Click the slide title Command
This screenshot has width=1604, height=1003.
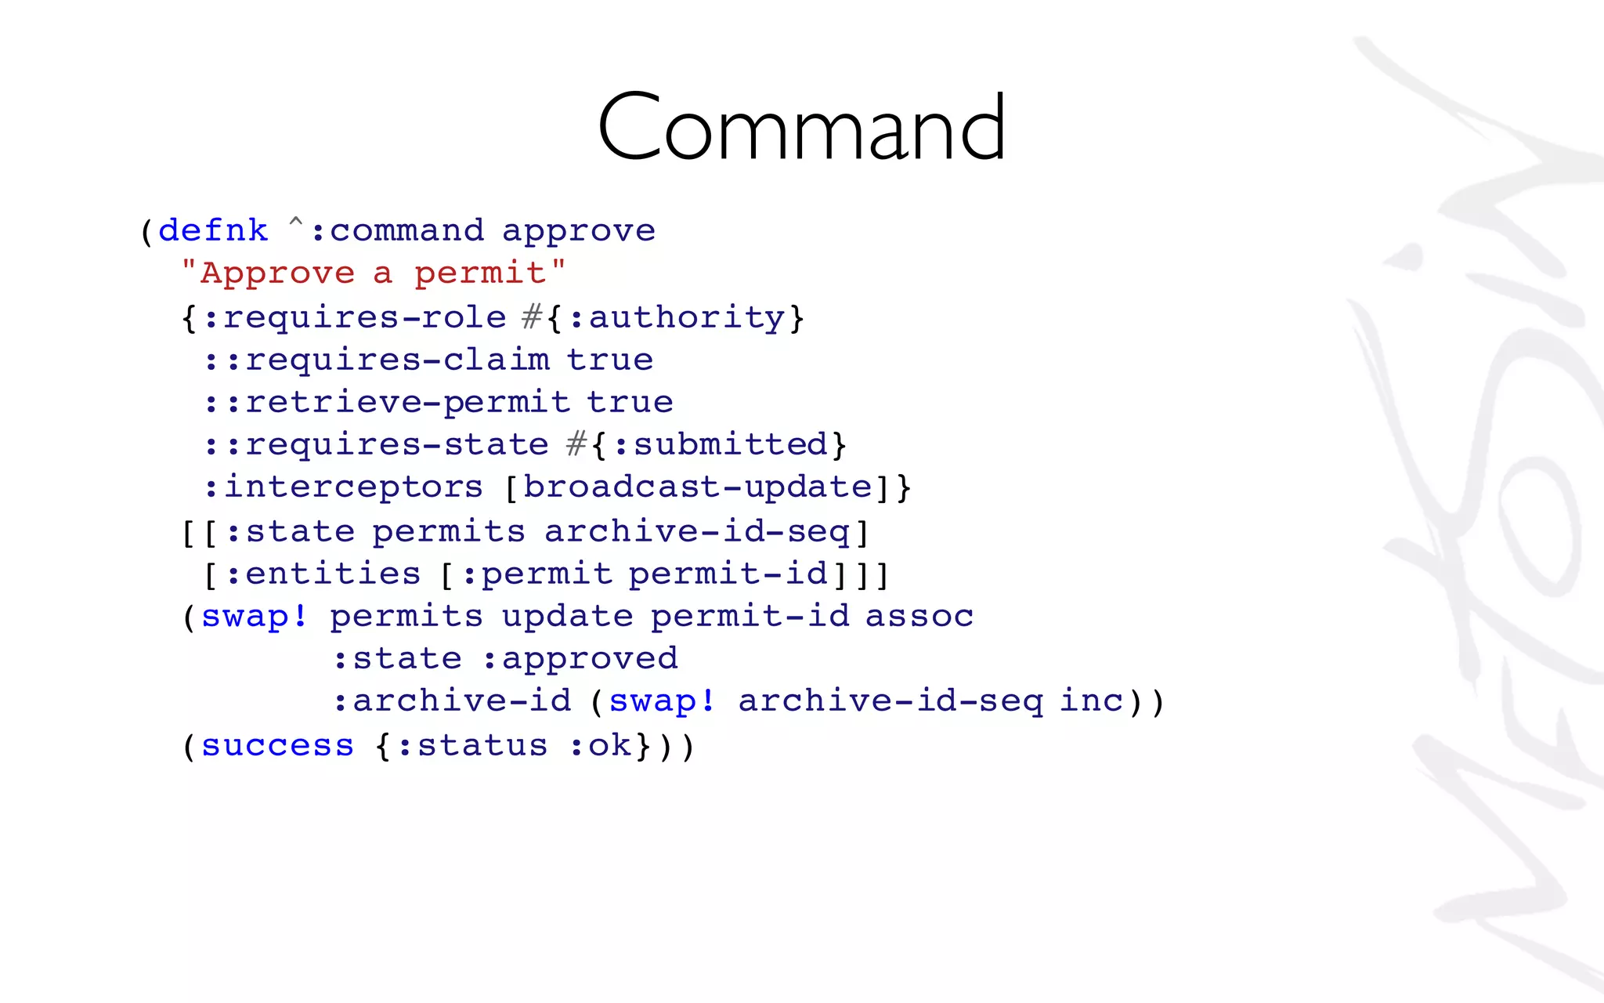(x=801, y=127)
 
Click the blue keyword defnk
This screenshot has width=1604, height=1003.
(x=213, y=230)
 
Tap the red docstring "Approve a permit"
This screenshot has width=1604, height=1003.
(x=373, y=273)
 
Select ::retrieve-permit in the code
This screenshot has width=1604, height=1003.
(x=386, y=402)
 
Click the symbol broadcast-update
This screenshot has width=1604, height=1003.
(x=697, y=487)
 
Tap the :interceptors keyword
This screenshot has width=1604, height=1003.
(x=343, y=487)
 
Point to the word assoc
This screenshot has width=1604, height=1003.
(x=919, y=616)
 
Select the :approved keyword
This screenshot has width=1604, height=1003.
(x=580, y=659)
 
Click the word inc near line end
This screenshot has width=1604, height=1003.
(x=1091, y=701)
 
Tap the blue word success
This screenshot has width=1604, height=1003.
(x=277, y=745)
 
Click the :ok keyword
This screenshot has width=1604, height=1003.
(x=600, y=745)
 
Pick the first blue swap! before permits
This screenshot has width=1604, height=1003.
(x=255, y=616)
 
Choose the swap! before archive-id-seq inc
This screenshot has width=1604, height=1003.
(x=663, y=701)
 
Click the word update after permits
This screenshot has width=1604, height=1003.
(x=567, y=617)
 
